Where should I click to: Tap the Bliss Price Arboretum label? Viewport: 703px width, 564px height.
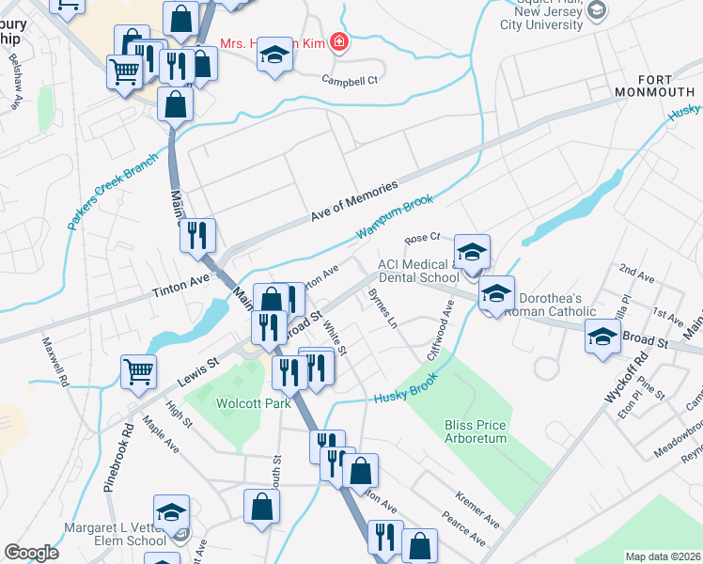[x=476, y=431]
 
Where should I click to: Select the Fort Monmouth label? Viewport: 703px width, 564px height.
[x=654, y=86]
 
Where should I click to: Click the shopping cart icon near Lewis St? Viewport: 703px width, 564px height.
[x=138, y=370]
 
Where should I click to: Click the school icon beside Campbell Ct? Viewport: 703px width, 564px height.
[x=274, y=55]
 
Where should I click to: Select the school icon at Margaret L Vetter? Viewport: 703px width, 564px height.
[x=171, y=513]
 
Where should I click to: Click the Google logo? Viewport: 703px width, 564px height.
[x=31, y=553]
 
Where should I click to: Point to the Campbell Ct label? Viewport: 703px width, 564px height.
[x=349, y=81]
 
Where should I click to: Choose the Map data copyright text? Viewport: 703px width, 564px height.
[x=663, y=556]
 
